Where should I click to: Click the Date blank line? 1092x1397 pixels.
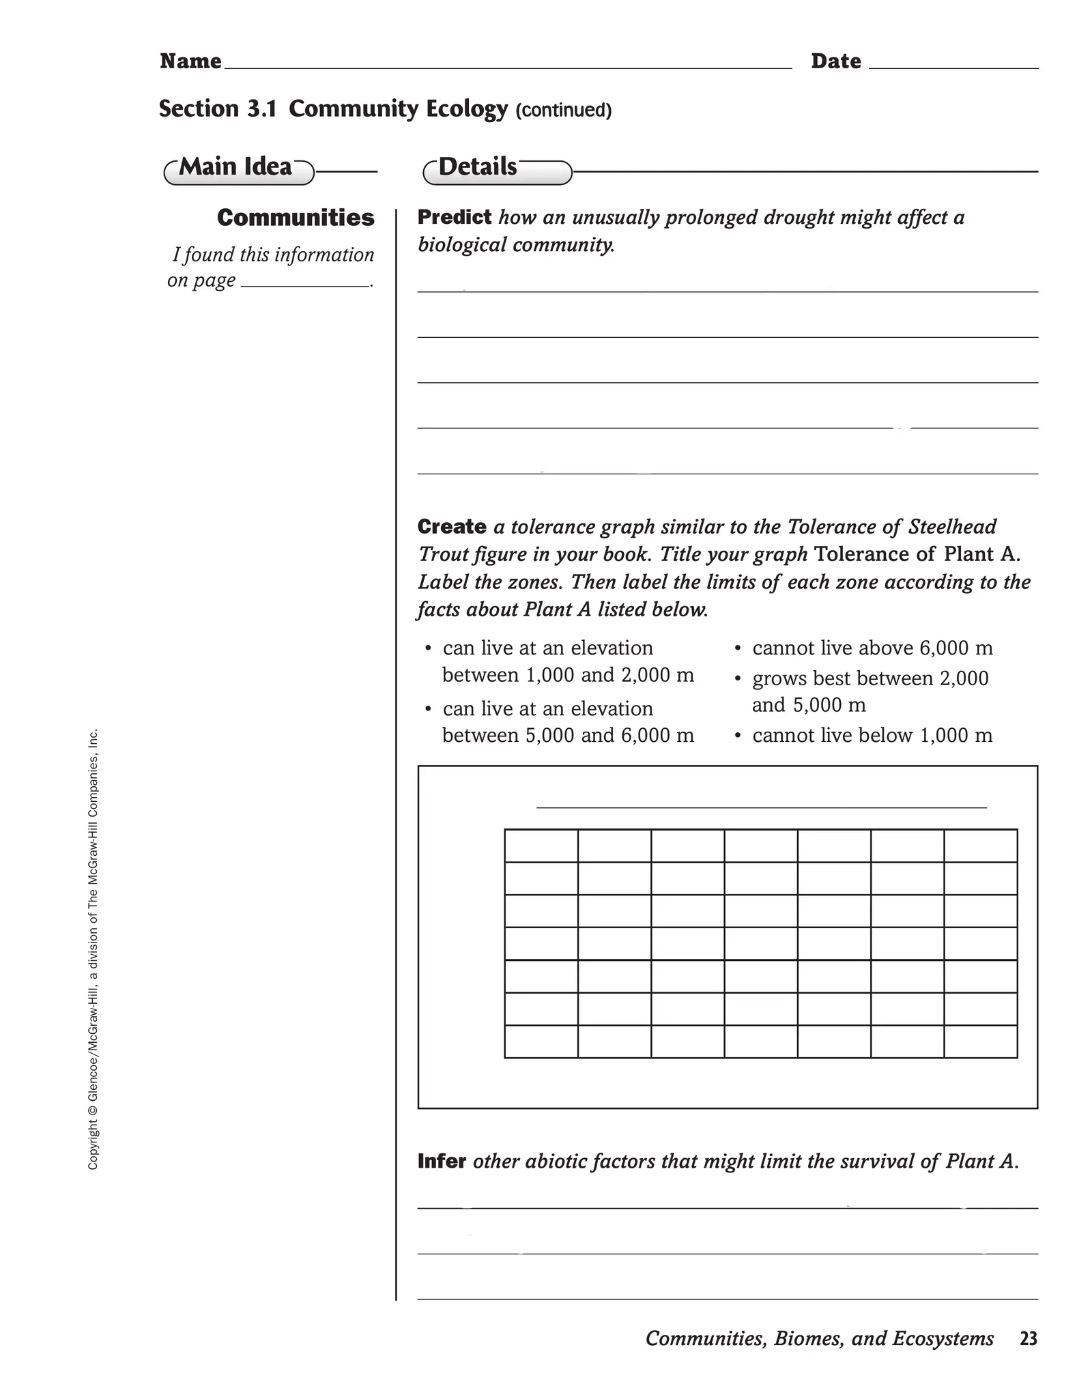(953, 66)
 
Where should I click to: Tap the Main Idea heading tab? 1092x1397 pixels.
(238, 169)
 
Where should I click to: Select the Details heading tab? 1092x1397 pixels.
(496, 169)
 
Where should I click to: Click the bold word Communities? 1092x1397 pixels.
(296, 218)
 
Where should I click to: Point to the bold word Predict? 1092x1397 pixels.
(454, 217)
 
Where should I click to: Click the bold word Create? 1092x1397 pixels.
(452, 527)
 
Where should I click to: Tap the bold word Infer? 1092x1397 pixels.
(442, 1161)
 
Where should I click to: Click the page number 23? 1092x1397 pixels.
(1028, 1338)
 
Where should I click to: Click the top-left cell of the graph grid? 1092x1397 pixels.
(541, 846)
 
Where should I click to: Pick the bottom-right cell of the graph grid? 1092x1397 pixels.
(980, 1041)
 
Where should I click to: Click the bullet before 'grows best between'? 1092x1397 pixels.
(738, 679)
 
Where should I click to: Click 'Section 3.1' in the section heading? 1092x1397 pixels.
(218, 109)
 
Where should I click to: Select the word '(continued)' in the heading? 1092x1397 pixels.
(563, 110)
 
